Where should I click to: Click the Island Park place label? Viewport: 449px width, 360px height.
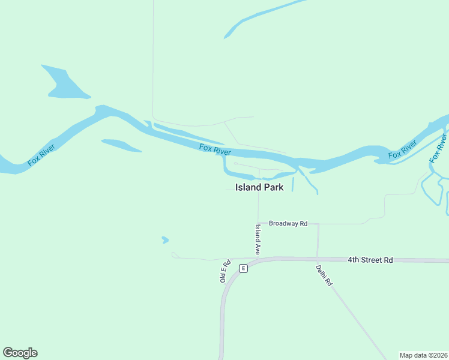tap(259, 187)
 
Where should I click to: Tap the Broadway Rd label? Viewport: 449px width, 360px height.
tap(288, 223)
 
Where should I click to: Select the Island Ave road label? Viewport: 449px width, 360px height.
tap(258, 239)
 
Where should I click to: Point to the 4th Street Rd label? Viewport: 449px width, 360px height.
tap(370, 260)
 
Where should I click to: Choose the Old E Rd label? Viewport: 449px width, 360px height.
tap(225, 271)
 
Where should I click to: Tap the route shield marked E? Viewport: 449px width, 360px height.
tap(243, 268)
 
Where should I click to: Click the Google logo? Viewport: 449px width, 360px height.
tap(20, 353)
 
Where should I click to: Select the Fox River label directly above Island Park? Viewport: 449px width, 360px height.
tap(215, 148)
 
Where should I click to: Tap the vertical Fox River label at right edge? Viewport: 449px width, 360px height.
tap(439, 150)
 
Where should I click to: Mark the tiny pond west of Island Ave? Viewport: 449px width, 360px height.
tap(165, 240)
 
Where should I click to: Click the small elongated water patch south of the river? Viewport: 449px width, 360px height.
tap(121, 145)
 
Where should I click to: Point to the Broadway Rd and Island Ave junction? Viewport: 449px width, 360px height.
tap(258, 224)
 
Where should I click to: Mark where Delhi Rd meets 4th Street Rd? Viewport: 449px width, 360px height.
tap(317, 260)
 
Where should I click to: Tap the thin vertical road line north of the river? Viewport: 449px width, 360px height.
tap(152, 60)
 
